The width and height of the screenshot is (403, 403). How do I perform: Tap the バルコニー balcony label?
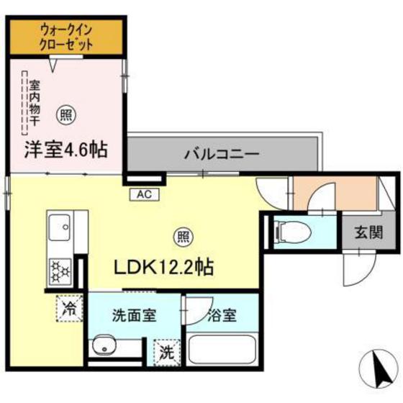[x=220, y=153]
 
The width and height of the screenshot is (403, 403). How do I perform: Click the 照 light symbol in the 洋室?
[x=65, y=114]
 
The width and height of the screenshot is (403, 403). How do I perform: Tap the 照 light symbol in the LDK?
[x=184, y=235]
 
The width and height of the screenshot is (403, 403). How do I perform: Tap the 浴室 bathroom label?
[x=220, y=314]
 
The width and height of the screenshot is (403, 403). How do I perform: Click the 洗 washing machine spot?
[x=166, y=353]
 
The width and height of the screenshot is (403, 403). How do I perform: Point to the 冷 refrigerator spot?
[x=69, y=309]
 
